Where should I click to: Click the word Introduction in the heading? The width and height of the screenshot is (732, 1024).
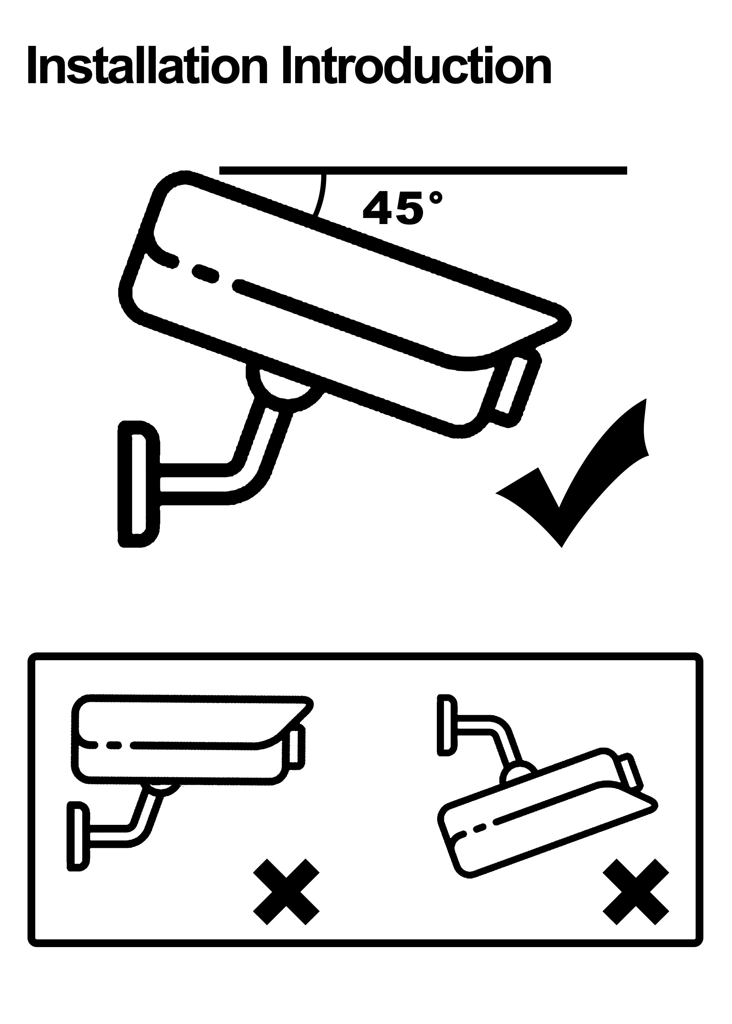tap(417, 65)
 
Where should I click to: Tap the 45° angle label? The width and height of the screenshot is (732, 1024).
tap(403, 207)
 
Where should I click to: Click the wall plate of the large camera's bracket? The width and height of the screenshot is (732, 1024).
tap(138, 484)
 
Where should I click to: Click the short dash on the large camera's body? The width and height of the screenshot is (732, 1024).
tap(206, 274)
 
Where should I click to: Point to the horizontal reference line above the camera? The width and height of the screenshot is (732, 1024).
tap(423, 170)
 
